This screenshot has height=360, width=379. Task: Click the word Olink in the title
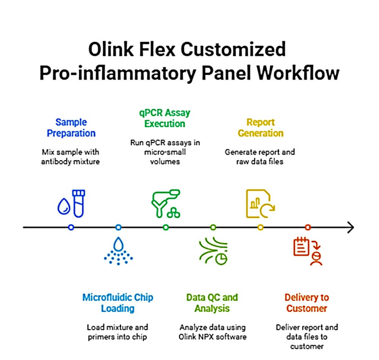111,49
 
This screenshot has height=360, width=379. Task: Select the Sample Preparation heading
71,128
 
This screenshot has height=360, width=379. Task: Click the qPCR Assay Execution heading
165,118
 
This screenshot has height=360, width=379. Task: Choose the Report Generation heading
261,128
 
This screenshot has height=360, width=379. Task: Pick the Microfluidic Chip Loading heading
118,303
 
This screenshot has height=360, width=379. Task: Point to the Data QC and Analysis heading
212,303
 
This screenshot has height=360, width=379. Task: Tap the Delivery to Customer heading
307,303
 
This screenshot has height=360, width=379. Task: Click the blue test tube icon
78,203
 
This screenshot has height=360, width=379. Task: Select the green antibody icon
166,203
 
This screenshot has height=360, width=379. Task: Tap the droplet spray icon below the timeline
118,251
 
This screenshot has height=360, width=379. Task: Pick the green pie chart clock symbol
221,259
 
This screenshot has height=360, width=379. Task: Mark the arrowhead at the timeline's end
351,227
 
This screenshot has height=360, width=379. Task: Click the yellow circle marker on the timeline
261,227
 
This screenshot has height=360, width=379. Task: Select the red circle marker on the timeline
308,227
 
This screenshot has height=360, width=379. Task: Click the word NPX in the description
207,337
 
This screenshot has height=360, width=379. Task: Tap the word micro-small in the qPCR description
165,152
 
